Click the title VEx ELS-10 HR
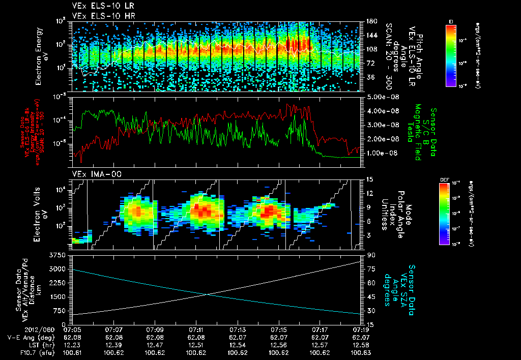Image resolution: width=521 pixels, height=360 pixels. pos(100,16)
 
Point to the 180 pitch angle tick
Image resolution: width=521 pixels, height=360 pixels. pos(371,21)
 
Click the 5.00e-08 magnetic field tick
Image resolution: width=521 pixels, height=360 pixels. pos(381,97)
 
